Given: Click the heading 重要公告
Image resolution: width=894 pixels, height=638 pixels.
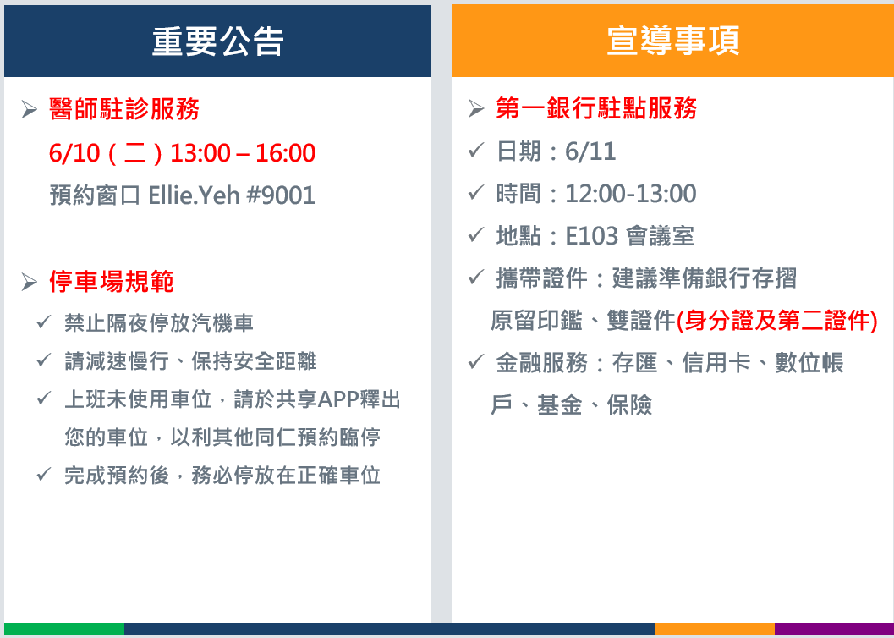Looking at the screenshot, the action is tap(217, 41).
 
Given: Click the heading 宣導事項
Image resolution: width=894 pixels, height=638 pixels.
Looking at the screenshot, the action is tap(672, 41).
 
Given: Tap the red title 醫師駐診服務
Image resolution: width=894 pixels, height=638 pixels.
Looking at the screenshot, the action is tap(124, 109).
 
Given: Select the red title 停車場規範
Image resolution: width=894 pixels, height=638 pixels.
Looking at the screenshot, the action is tap(112, 281).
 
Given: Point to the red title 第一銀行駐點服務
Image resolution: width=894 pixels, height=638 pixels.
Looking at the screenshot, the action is tap(596, 107).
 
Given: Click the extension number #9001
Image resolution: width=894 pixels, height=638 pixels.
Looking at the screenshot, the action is tap(281, 195).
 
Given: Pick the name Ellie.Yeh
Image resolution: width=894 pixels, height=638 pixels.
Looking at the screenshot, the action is tap(194, 195).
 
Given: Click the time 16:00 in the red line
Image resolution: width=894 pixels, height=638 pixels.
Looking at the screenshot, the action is tap(286, 153).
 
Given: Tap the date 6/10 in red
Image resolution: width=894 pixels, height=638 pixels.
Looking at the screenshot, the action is tap(74, 153).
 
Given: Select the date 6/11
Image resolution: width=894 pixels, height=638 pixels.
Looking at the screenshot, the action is tap(590, 151).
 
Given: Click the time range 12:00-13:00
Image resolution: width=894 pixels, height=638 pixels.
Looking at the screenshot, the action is tap(631, 194).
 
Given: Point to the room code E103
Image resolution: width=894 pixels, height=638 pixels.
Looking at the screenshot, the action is tap(592, 236).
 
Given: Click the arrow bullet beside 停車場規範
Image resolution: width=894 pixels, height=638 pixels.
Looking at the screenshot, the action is tap(29, 282).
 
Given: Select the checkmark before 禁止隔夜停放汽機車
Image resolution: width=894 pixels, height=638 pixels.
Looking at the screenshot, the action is tap(44, 322).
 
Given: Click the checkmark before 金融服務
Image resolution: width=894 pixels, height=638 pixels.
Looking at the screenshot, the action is tap(476, 362).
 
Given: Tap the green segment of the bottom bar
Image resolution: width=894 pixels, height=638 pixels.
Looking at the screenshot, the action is tap(64, 630).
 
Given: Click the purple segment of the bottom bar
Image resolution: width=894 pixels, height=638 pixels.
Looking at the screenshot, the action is tap(834, 630).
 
